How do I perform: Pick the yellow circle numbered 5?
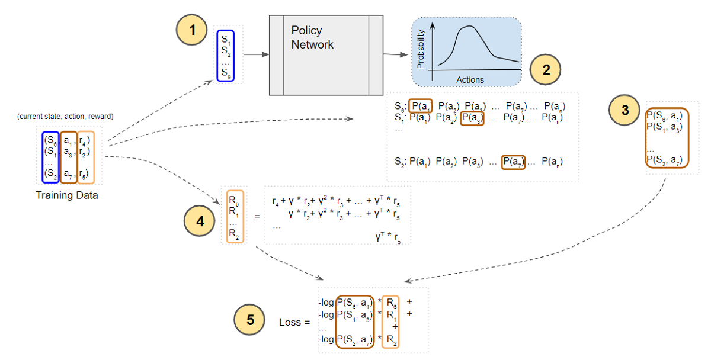[249, 320]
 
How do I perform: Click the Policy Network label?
[312, 37]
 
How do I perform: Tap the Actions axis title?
[470, 79]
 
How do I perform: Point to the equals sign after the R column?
[257, 217]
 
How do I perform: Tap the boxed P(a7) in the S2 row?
[513, 161]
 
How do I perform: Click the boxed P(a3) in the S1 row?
[472, 118]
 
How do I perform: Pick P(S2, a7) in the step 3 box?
[667, 159]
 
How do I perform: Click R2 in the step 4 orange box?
[235, 234]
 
